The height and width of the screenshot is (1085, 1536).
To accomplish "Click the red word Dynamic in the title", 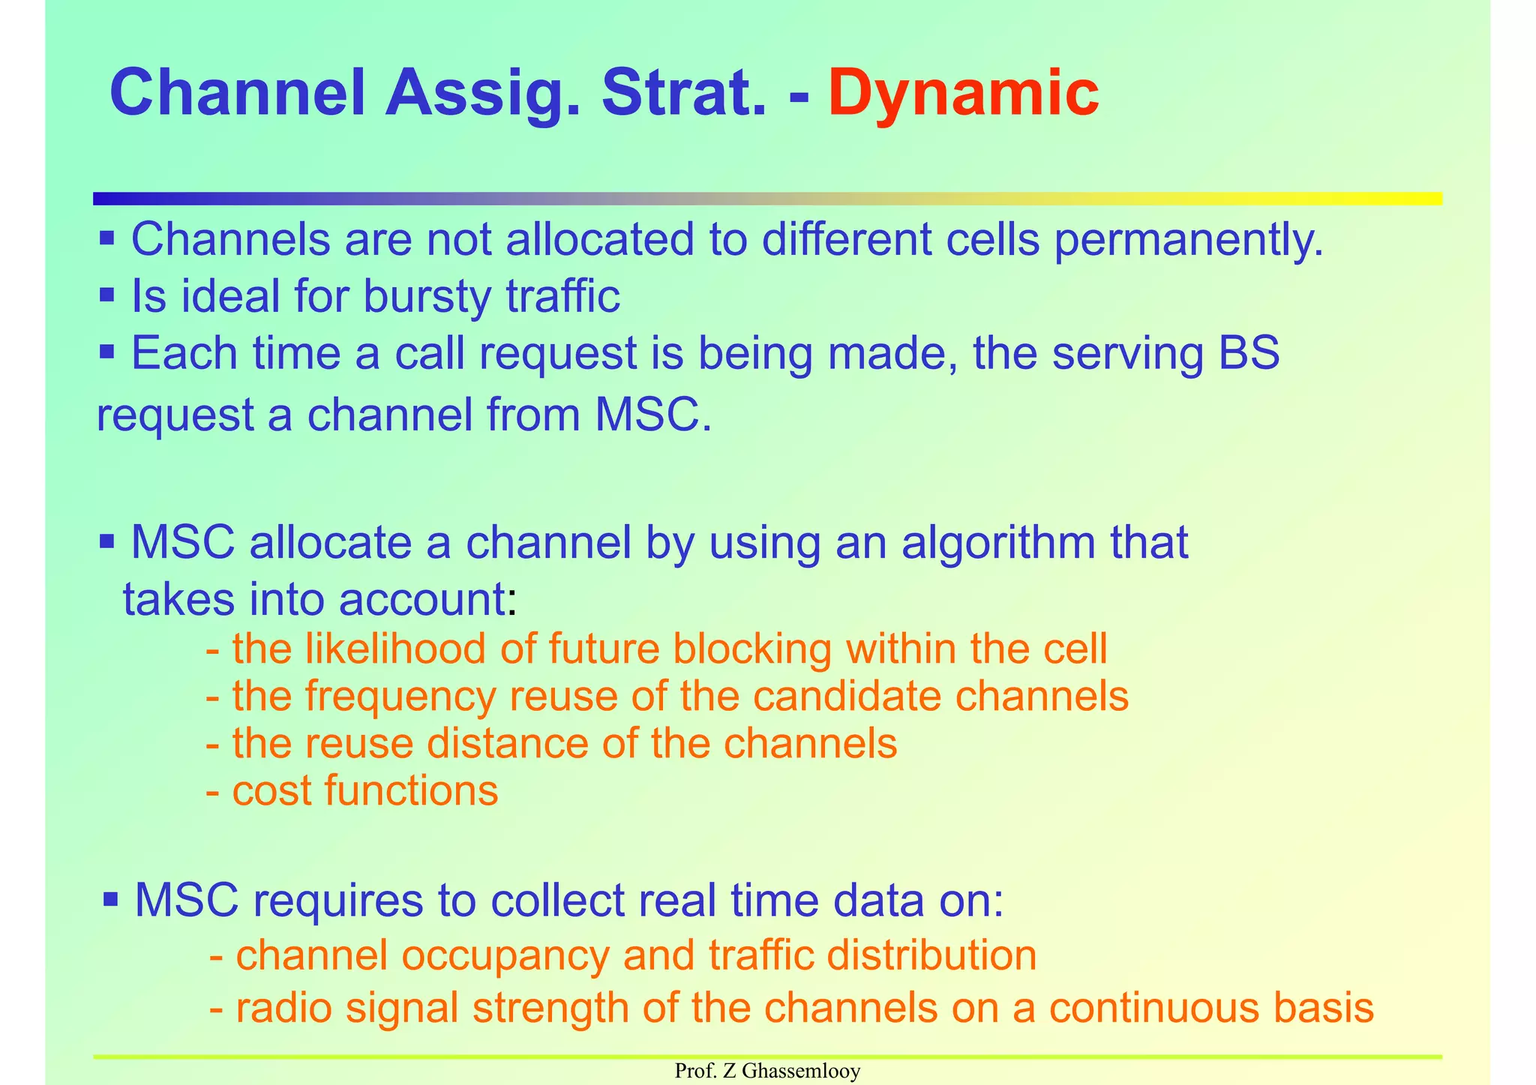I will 963,94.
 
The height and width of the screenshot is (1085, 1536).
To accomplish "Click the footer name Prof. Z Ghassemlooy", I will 767,1072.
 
